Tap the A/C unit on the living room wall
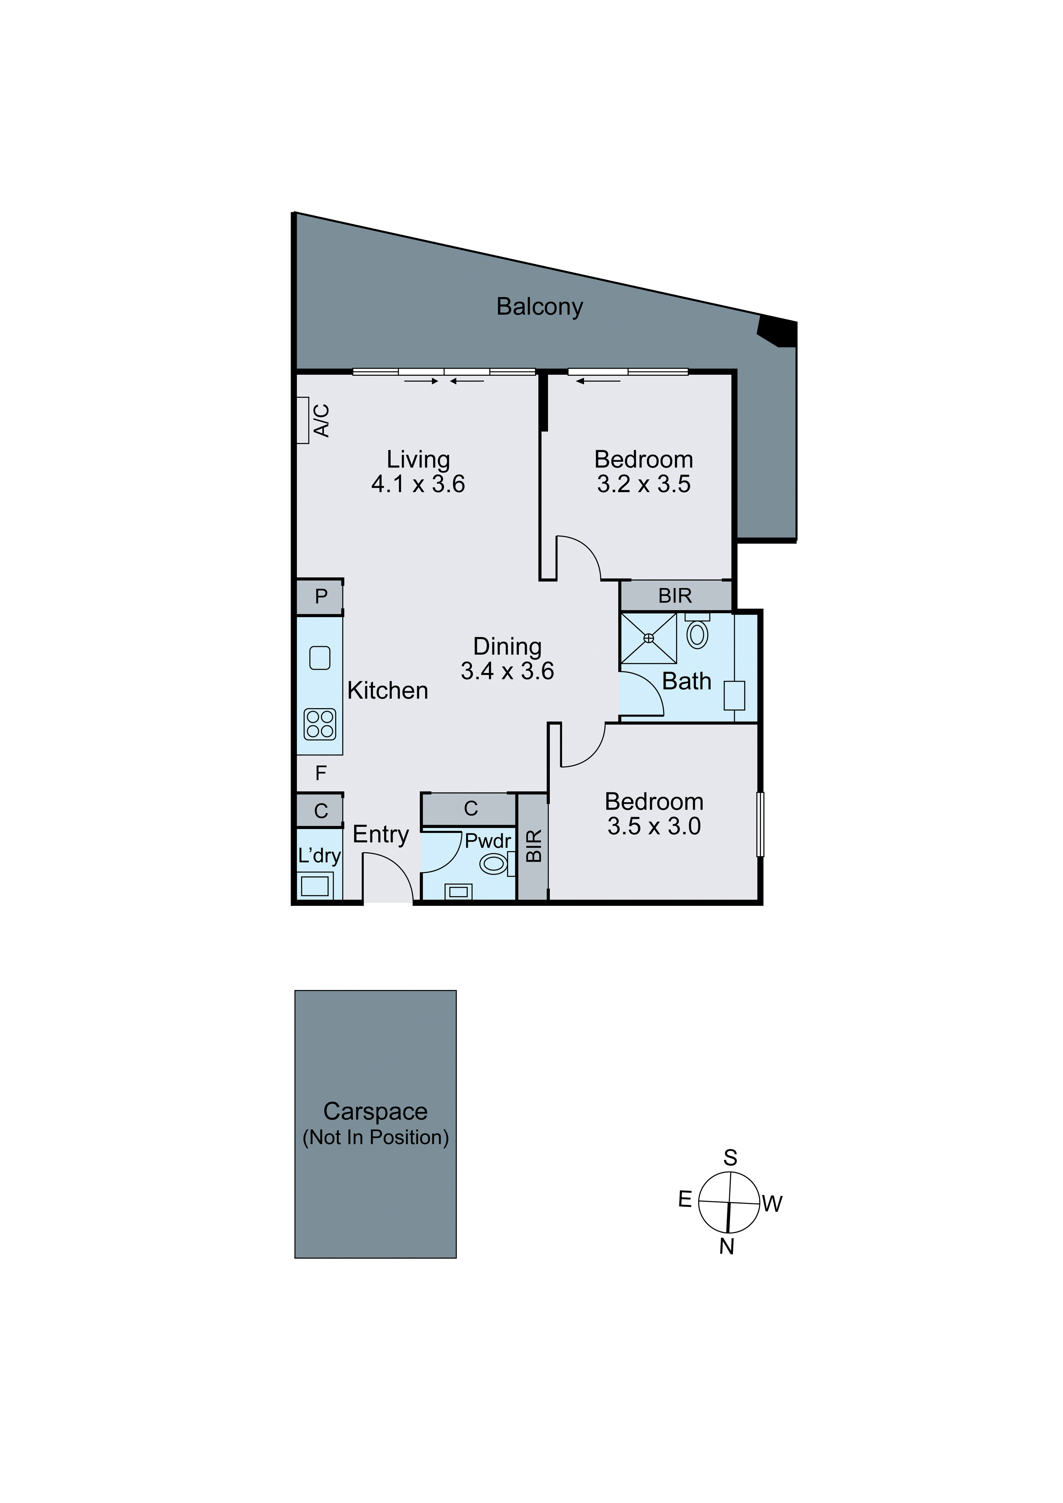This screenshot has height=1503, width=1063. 303,420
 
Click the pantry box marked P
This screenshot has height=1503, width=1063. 320,596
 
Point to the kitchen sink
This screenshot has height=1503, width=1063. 319,657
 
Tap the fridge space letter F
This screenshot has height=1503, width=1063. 320,773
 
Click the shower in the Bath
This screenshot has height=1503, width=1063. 648,638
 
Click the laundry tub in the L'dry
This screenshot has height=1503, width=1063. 315,886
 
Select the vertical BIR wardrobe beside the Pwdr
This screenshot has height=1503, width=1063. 533,846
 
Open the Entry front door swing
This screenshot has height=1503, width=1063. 388,878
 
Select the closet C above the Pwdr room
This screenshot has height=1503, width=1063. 470,809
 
